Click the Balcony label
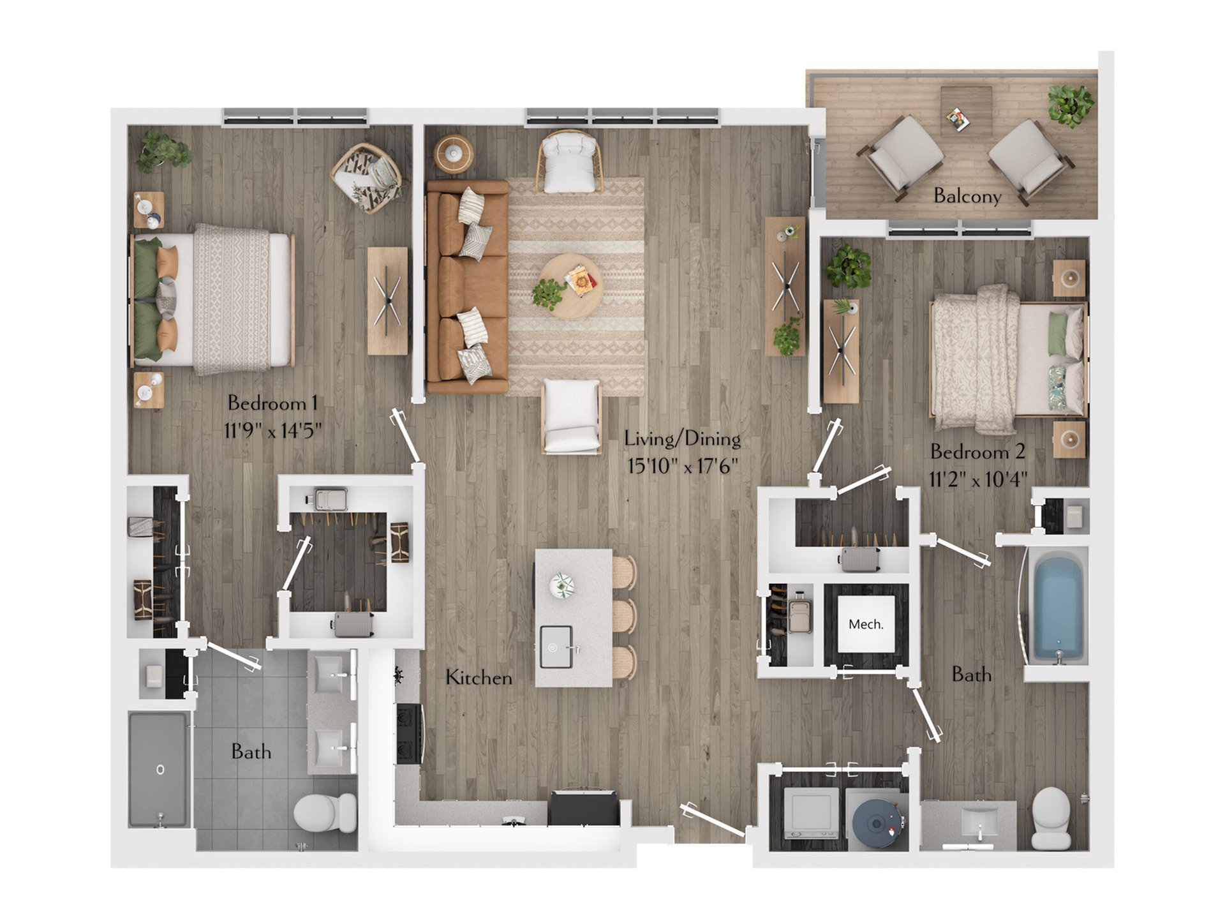click(967, 195)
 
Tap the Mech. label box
click(866, 624)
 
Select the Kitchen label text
click(479, 677)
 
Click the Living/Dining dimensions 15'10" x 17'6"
click(683, 465)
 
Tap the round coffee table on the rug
click(570, 287)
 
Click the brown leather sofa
click(467, 287)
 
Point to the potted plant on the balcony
click(1071, 105)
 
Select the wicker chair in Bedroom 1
click(367, 177)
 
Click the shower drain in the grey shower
click(160, 769)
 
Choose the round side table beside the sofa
click(454, 153)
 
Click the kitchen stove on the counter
click(409, 734)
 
